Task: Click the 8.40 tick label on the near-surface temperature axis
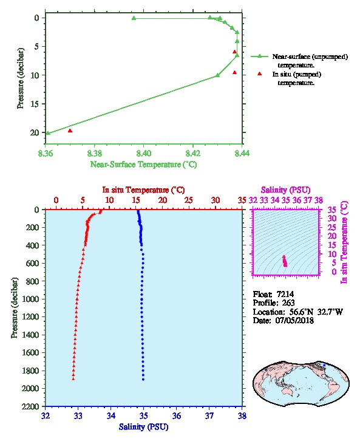[143, 153]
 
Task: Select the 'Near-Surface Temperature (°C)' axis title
[143, 165]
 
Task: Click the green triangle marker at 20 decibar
[48, 133]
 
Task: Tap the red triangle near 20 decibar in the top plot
[70, 131]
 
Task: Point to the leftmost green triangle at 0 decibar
[134, 18]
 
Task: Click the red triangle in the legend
[259, 73]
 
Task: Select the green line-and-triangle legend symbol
[259, 56]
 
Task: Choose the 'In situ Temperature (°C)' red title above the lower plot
[143, 190]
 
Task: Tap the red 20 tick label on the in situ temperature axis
[163, 200]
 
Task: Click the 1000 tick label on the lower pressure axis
[32, 299]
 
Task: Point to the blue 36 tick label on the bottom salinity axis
[177, 415]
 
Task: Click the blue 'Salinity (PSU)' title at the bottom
[143, 427]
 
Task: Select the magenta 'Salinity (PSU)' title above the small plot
[285, 190]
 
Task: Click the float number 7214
[285, 294]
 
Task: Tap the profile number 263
[288, 303]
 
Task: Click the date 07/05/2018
[294, 320]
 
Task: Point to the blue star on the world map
[324, 365]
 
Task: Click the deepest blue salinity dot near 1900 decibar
[143, 379]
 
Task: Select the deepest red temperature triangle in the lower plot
[73, 379]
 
